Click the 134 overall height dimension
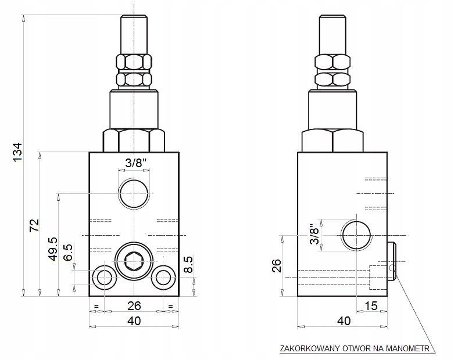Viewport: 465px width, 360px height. coord(18,152)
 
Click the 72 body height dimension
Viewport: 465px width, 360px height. coord(34,225)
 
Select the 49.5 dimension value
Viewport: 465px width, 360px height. coord(53,249)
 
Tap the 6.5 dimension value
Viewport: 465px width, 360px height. coord(68,253)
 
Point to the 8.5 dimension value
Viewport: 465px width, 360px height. coord(188,264)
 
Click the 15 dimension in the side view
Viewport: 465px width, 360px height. coord(371,306)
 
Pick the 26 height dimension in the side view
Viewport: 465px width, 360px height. coord(277,265)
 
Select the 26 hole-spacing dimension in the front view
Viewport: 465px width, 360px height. coord(134,306)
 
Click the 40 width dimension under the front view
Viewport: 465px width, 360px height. coord(134,321)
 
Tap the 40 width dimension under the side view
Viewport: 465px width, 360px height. coord(344,321)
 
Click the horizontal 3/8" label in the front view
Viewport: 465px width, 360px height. coord(135,163)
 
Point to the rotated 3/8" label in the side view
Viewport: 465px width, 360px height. coord(315,234)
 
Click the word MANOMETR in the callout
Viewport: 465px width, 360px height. coord(407,348)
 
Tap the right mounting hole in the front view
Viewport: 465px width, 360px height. coord(163,278)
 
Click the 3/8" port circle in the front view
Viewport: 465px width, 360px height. coord(134,193)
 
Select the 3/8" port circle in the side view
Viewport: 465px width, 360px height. coord(356,235)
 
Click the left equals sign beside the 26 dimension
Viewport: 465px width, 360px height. coord(96,307)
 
